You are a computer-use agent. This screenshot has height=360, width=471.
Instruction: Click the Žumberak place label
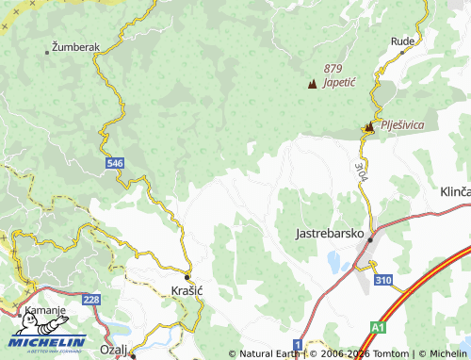click(74, 46)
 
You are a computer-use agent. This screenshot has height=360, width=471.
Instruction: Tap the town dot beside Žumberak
click(46, 52)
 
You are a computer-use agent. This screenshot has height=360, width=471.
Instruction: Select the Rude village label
click(402, 41)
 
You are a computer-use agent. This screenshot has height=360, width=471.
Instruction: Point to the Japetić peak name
click(339, 82)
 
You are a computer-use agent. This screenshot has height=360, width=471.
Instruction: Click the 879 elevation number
click(333, 68)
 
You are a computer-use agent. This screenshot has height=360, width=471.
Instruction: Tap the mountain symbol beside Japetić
click(313, 84)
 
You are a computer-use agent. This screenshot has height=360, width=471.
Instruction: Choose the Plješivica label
click(402, 124)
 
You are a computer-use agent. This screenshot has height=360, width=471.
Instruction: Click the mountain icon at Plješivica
click(369, 126)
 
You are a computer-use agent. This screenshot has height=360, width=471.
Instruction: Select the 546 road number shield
click(115, 163)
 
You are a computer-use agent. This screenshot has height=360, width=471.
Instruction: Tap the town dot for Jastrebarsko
click(370, 239)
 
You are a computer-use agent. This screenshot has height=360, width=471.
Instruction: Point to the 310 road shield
click(382, 280)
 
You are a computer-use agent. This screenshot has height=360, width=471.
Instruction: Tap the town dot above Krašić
click(187, 276)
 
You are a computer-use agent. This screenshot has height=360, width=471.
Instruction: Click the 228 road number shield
click(90, 300)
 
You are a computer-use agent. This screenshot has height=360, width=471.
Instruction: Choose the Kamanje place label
click(45, 310)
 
